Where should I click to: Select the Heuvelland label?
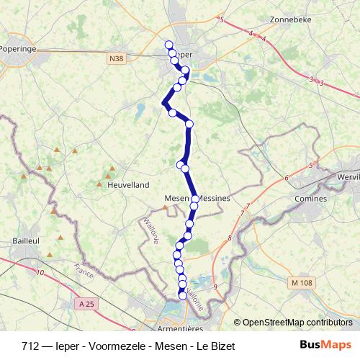(x=127, y=185)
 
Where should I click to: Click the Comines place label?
(x=311, y=198)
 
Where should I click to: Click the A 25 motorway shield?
(x=87, y=305)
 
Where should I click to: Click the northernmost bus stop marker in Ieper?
(x=169, y=45)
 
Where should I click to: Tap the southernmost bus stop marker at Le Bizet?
(x=182, y=295)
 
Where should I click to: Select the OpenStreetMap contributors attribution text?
(x=297, y=322)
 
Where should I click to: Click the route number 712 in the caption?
(x=30, y=346)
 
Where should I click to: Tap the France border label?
(x=84, y=271)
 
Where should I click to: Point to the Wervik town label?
(x=348, y=176)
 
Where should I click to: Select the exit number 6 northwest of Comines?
(x=286, y=177)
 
